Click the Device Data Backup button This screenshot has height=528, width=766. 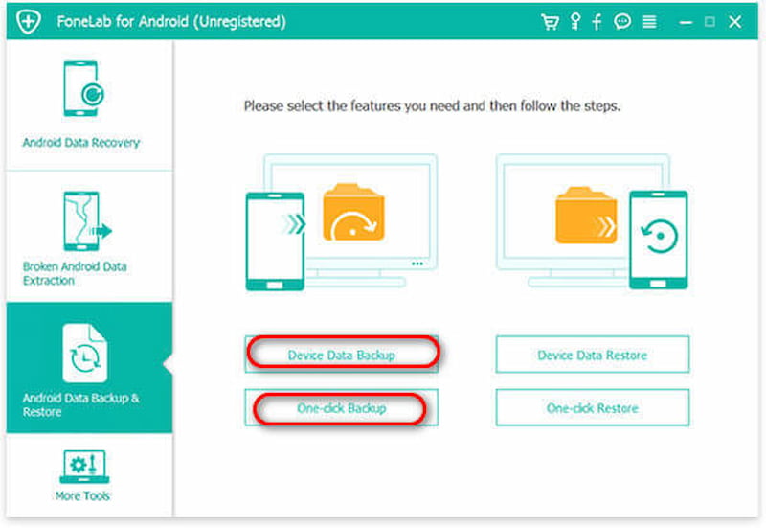point(342,355)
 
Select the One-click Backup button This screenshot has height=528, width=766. point(342,407)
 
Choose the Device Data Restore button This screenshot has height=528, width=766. point(592,355)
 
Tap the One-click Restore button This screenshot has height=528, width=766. point(592,407)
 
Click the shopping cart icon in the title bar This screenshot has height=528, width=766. point(550,21)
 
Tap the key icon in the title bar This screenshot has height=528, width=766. point(575,21)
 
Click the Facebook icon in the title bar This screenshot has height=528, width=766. point(597,22)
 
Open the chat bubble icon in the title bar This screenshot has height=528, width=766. point(622,21)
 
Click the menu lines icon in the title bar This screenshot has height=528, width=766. point(649,21)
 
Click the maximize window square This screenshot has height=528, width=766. point(710,21)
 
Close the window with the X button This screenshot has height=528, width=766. point(734,21)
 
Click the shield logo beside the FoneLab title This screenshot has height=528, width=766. point(29,21)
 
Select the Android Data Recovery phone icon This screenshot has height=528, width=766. point(83,88)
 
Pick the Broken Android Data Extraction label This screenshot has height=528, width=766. point(75,273)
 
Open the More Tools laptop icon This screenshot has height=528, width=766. point(84,467)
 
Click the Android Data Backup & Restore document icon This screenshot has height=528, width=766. point(85,353)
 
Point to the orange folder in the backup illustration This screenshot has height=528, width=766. point(353,212)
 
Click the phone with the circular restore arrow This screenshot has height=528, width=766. point(659,240)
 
